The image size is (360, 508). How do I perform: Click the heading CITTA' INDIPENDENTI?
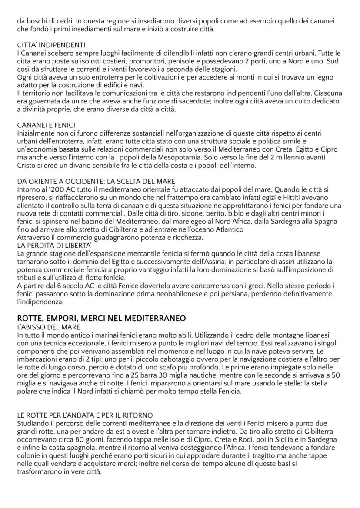[x=45, y=46]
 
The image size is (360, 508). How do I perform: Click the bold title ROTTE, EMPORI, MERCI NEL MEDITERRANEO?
[x=101, y=318]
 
